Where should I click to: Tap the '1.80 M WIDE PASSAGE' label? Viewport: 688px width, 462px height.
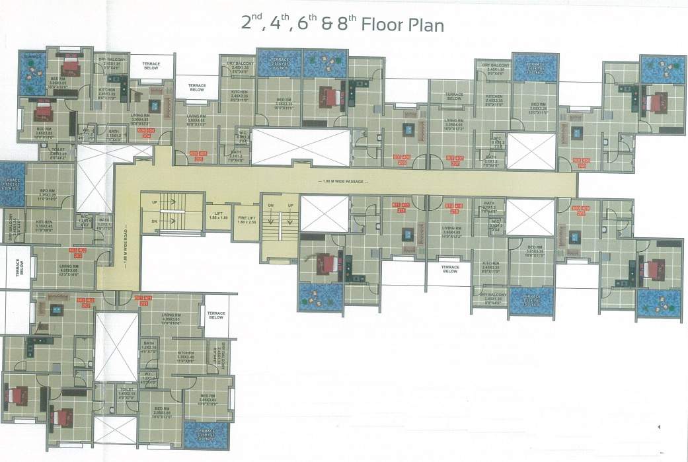point(344,181)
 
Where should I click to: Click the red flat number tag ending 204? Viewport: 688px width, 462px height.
point(145,131)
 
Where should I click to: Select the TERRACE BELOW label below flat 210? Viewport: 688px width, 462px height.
point(449,269)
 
